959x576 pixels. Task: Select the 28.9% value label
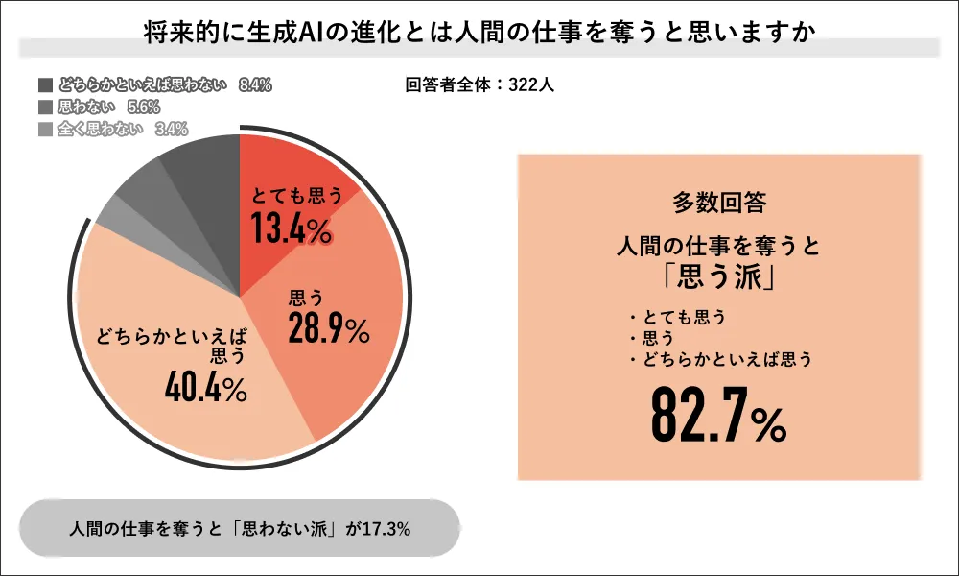328,329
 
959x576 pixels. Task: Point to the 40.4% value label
205,387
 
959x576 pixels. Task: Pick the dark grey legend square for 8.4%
45,84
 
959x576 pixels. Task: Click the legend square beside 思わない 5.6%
45,107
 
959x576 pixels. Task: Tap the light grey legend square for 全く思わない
45,129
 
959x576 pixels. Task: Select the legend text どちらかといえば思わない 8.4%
164,84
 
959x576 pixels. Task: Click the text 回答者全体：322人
479,84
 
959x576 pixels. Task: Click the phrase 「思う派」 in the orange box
718,278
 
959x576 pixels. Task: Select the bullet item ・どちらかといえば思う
718,360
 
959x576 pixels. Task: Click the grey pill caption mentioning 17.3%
241,529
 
